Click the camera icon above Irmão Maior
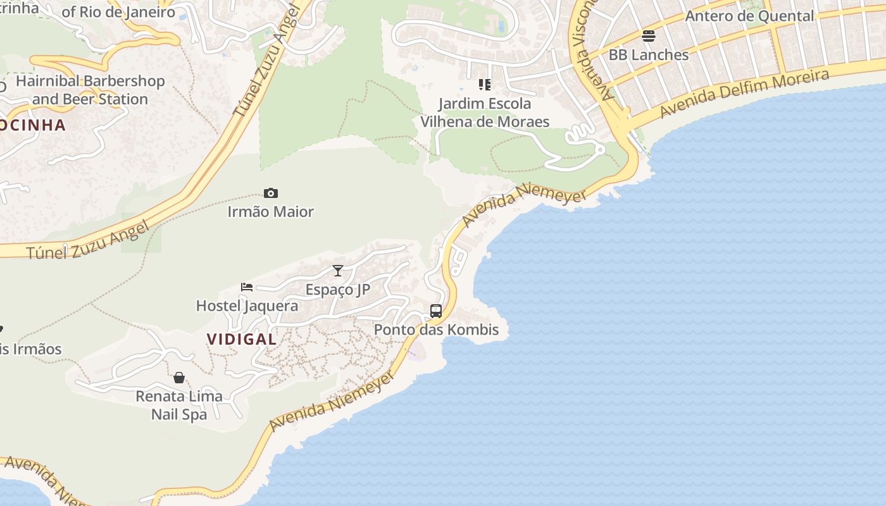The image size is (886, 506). (271, 194)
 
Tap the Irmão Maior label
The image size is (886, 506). (271, 212)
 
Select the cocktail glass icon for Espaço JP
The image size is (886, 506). (338, 271)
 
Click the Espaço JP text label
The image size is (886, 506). (338, 290)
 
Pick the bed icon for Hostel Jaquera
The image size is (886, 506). (247, 287)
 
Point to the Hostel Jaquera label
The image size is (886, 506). (247, 306)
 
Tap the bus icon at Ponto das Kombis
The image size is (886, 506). (436, 311)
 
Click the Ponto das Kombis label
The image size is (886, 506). (436, 330)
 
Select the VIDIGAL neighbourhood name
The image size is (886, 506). (242, 339)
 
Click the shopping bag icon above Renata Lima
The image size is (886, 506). (179, 378)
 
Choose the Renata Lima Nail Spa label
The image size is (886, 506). (179, 405)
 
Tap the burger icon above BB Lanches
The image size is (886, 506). (649, 36)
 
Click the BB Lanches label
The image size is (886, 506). (649, 55)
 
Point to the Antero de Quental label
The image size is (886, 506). (749, 16)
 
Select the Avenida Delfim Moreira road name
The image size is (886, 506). (744, 94)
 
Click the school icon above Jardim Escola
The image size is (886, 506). (485, 85)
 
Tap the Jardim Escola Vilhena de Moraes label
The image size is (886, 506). (485, 112)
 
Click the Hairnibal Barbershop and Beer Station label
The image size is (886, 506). (90, 90)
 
